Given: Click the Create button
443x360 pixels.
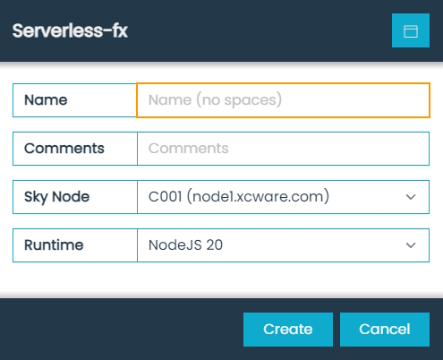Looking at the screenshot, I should coord(287,329).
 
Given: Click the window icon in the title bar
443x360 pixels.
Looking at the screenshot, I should coord(411,30).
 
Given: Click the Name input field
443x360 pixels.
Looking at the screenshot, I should coord(283,100).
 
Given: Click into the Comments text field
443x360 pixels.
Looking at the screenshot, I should coord(283,148).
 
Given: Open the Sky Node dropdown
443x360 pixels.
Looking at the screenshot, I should coord(283,196).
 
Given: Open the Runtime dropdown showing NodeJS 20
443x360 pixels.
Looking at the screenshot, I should coord(283,244).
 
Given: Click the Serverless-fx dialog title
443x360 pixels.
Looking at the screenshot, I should coord(69,30).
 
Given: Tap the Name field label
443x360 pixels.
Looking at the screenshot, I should coord(47,100).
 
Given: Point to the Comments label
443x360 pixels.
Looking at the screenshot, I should coord(64,148).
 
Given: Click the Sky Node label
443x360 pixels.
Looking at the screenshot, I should coord(57,196).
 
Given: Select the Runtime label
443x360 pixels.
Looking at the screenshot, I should coord(55,244).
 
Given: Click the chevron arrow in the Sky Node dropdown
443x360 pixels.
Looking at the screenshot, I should coord(411,196).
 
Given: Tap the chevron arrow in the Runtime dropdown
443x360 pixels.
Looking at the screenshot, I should coord(411,244).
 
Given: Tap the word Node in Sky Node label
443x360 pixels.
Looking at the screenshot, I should coord(72,196).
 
